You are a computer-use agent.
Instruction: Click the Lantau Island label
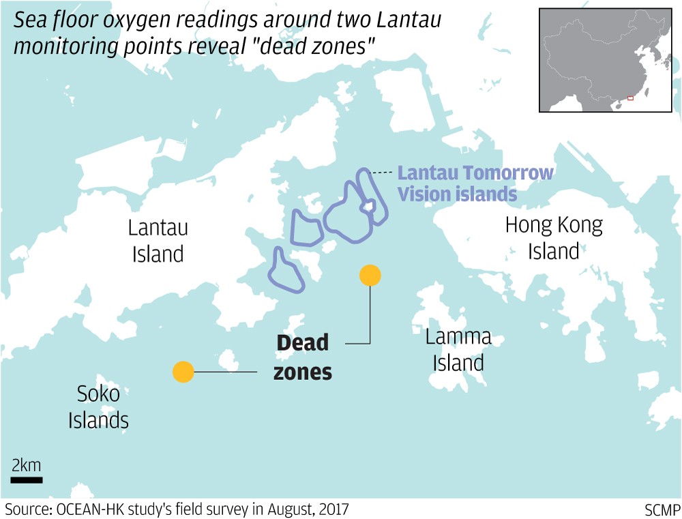158,241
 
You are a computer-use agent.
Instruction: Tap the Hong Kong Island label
554,238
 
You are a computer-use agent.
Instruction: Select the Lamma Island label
458,349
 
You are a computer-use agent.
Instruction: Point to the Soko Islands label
98,406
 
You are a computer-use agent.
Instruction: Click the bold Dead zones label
303,357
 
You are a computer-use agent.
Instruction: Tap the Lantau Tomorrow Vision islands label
475,183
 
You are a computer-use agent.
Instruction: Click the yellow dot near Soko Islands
183,372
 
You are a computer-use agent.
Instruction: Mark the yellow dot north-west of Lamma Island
370,275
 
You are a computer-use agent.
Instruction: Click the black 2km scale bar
27,480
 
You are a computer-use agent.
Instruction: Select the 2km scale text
27,466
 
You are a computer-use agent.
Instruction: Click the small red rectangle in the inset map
630,98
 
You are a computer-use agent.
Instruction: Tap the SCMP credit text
662,509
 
